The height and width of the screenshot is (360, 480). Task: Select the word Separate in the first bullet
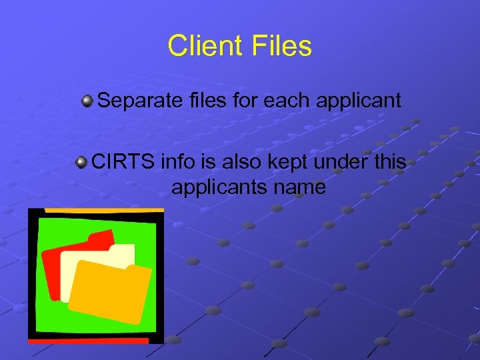[138, 101]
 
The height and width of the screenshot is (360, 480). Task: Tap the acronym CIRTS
[122, 161]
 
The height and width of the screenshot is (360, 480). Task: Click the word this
[389, 161]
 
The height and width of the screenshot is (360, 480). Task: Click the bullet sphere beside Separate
[87, 101]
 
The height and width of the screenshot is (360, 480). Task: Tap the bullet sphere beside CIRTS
[81, 162]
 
